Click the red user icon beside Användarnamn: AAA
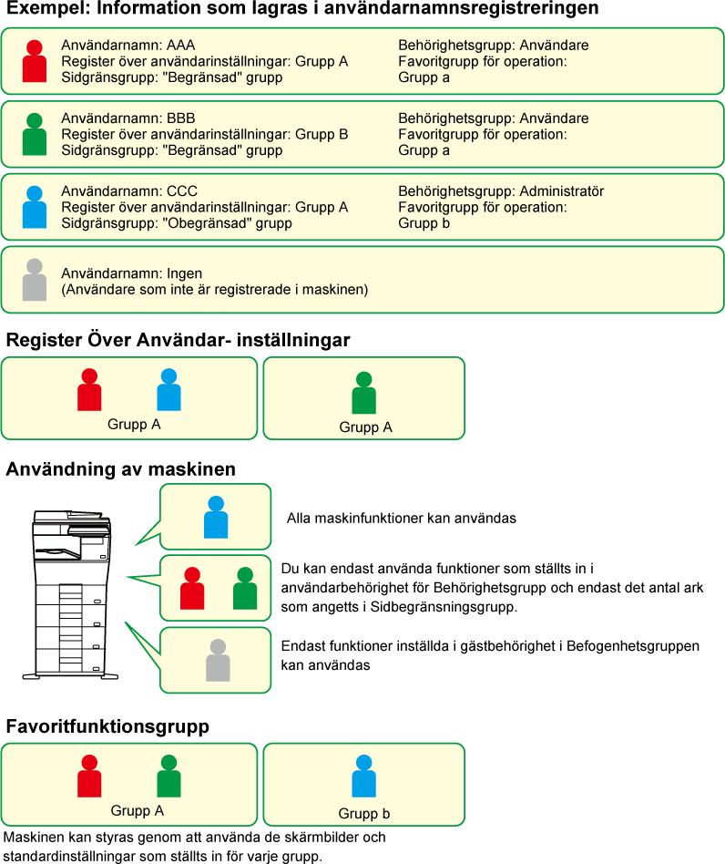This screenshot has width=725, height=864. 34,61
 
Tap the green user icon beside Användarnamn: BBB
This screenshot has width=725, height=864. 34,134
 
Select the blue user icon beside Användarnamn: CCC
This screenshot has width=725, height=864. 34,207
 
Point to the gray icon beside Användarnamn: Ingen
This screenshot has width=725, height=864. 34,280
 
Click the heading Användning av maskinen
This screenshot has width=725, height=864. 120,469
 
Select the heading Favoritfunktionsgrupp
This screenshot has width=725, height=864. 107,726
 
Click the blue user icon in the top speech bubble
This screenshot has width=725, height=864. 216,517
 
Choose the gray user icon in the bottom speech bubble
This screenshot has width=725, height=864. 218,660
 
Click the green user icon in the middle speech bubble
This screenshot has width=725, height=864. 245,588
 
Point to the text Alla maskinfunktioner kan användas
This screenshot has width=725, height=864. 402,518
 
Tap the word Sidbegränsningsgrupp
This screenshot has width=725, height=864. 443,607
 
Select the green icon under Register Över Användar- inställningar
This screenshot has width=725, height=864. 364,393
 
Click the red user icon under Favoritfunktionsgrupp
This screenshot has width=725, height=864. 89,776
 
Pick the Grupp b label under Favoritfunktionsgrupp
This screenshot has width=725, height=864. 364,813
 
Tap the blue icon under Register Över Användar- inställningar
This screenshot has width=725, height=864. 169,389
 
